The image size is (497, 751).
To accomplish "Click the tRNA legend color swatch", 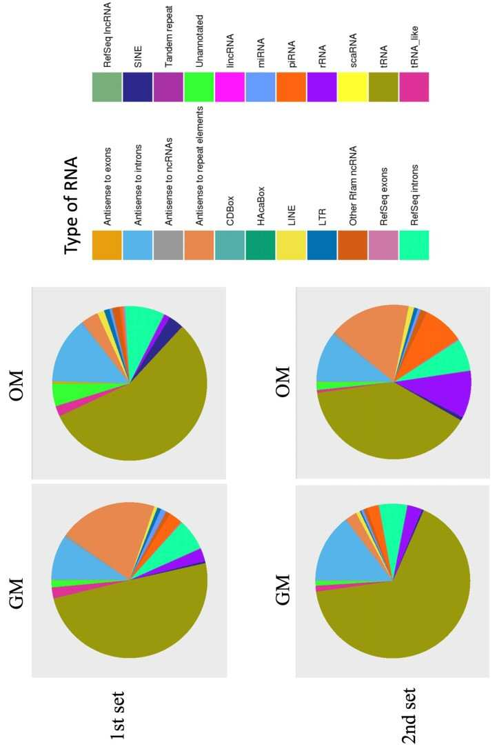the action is [383, 87].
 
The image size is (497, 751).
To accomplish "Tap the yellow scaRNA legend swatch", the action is [352, 87].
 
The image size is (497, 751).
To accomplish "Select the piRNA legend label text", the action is [292, 54].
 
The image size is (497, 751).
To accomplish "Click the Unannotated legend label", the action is [200, 41].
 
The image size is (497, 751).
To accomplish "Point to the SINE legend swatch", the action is [137, 87].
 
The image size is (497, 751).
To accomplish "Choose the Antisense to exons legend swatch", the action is [107, 246].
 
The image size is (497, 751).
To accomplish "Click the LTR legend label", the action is [322, 217].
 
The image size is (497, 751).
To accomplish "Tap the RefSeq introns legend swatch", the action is [414, 246].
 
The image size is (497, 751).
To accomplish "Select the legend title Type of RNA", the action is [71, 205].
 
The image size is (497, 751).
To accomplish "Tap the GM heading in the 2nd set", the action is [283, 589].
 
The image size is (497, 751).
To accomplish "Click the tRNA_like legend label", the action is [415, 46].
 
